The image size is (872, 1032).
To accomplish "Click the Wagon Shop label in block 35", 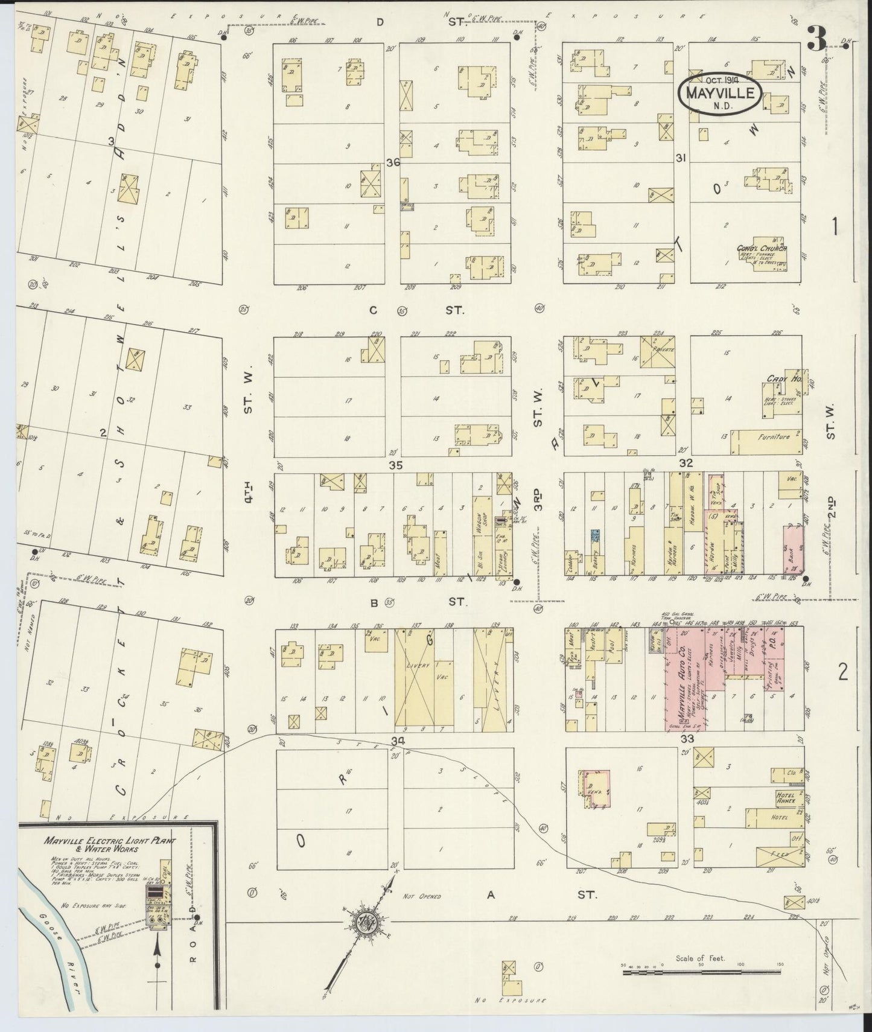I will (x=482, y=516).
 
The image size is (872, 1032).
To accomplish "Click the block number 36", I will (x=393, y=163).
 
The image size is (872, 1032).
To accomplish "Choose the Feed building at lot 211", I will (x=772, y=855).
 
